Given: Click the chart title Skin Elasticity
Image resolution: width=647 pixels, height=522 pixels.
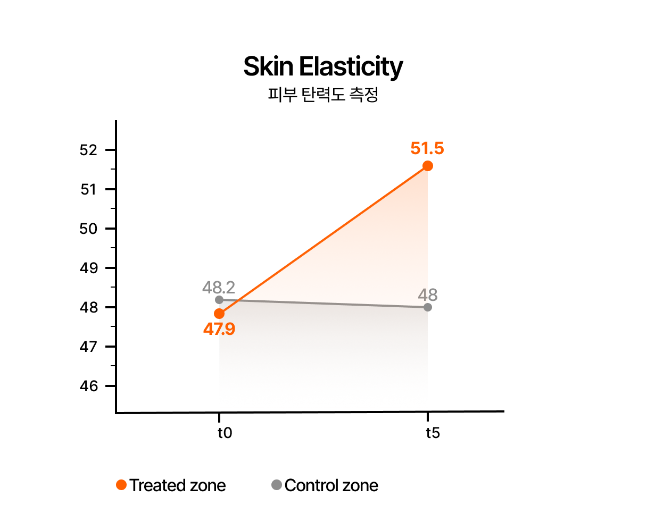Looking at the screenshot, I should (323, 67).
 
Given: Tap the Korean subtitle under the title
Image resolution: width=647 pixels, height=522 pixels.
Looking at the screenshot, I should (323, 95).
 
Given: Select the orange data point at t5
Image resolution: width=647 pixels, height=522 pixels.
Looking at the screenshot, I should (427, 166).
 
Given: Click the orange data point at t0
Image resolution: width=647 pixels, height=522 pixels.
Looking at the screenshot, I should (219, 314).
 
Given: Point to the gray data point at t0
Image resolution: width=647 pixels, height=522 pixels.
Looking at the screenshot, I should (219, 300).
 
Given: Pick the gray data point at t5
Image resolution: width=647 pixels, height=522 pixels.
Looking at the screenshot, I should (428, 307).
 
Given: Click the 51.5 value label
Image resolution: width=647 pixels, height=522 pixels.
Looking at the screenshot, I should (427, 148).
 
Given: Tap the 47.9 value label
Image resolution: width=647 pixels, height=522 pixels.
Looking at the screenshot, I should (219, 330).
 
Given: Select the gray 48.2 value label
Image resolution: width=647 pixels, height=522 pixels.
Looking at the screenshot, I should (219, 288).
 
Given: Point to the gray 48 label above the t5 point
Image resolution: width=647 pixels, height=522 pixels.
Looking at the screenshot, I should (428, 294).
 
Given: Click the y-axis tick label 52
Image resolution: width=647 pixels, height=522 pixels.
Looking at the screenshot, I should (89, 150).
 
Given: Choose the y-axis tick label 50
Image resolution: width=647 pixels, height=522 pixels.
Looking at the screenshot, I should (89, 229).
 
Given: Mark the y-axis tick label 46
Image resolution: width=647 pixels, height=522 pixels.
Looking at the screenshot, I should (89, 386).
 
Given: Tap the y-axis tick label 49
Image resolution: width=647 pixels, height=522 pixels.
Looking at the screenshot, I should (89, 268).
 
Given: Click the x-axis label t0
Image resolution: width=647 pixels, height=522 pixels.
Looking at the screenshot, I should (225, 433).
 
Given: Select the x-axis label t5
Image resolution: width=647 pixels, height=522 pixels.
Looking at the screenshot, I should (433, 433).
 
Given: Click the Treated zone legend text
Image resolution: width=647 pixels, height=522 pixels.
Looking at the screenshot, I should (178, 485).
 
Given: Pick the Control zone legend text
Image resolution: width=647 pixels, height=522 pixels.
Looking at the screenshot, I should (331, 485).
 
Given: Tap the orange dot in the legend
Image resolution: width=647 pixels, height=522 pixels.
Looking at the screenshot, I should (121, 485).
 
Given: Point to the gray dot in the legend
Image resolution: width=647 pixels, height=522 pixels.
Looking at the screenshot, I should (277, 485).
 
